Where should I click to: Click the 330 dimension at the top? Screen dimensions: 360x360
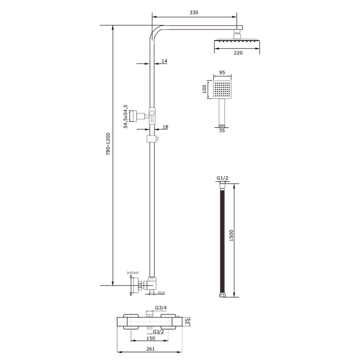[194, 13]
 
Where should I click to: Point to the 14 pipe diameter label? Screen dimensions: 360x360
[164, 61]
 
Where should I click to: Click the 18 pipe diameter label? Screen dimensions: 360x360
[166, 127]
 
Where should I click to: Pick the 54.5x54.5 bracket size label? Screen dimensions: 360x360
[126, 116]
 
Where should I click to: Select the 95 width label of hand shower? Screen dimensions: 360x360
[223, 73]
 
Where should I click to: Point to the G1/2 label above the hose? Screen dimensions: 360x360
[222, 178]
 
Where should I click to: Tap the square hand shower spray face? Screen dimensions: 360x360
[222, 90]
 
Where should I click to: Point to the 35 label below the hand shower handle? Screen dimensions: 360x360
[222, 130]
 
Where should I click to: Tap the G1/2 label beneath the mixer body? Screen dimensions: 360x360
[158, 332]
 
